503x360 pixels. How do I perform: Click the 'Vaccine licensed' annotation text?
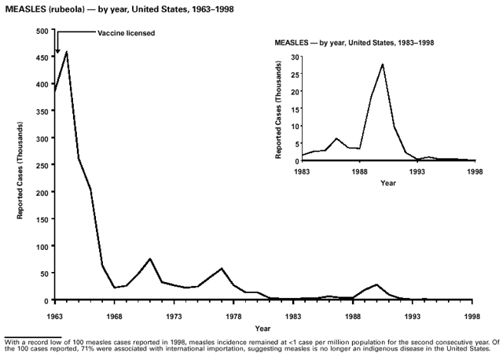pos(126,33)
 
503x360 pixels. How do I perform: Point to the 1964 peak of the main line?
pos(67,52)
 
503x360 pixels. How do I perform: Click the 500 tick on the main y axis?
pos(42,31)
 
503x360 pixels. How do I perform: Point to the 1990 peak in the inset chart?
pos(383,64)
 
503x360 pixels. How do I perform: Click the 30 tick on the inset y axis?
pos(293,57)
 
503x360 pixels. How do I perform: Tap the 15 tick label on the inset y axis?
pos(293,108)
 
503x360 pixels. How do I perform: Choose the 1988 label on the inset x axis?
pos(360,171)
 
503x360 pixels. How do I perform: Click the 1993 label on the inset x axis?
pos(417,171)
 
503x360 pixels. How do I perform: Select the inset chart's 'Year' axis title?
pos(388,183)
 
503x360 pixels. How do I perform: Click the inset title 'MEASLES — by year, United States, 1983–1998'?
pos(354,41)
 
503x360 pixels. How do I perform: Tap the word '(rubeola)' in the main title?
pos(73,7)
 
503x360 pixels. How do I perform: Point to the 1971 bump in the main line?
pos(150,259)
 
